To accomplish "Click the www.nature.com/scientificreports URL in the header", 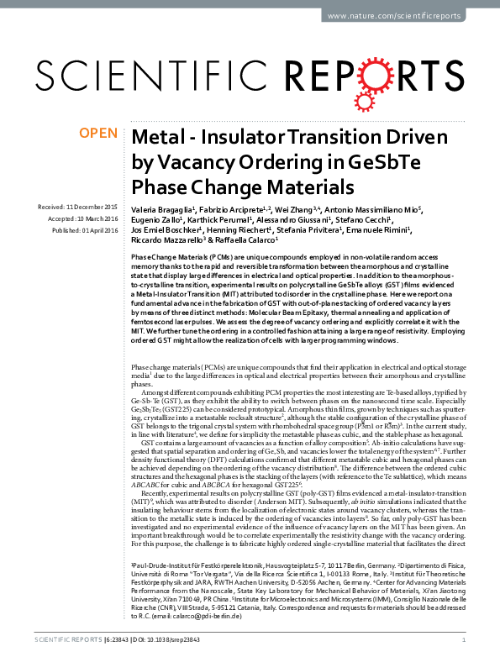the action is pyautogui.click(x=403, y=16).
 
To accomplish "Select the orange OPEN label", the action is pyautogui.click(x=97, y=134).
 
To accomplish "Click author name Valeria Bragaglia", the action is pyautogui.click(x=161, y=208).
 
